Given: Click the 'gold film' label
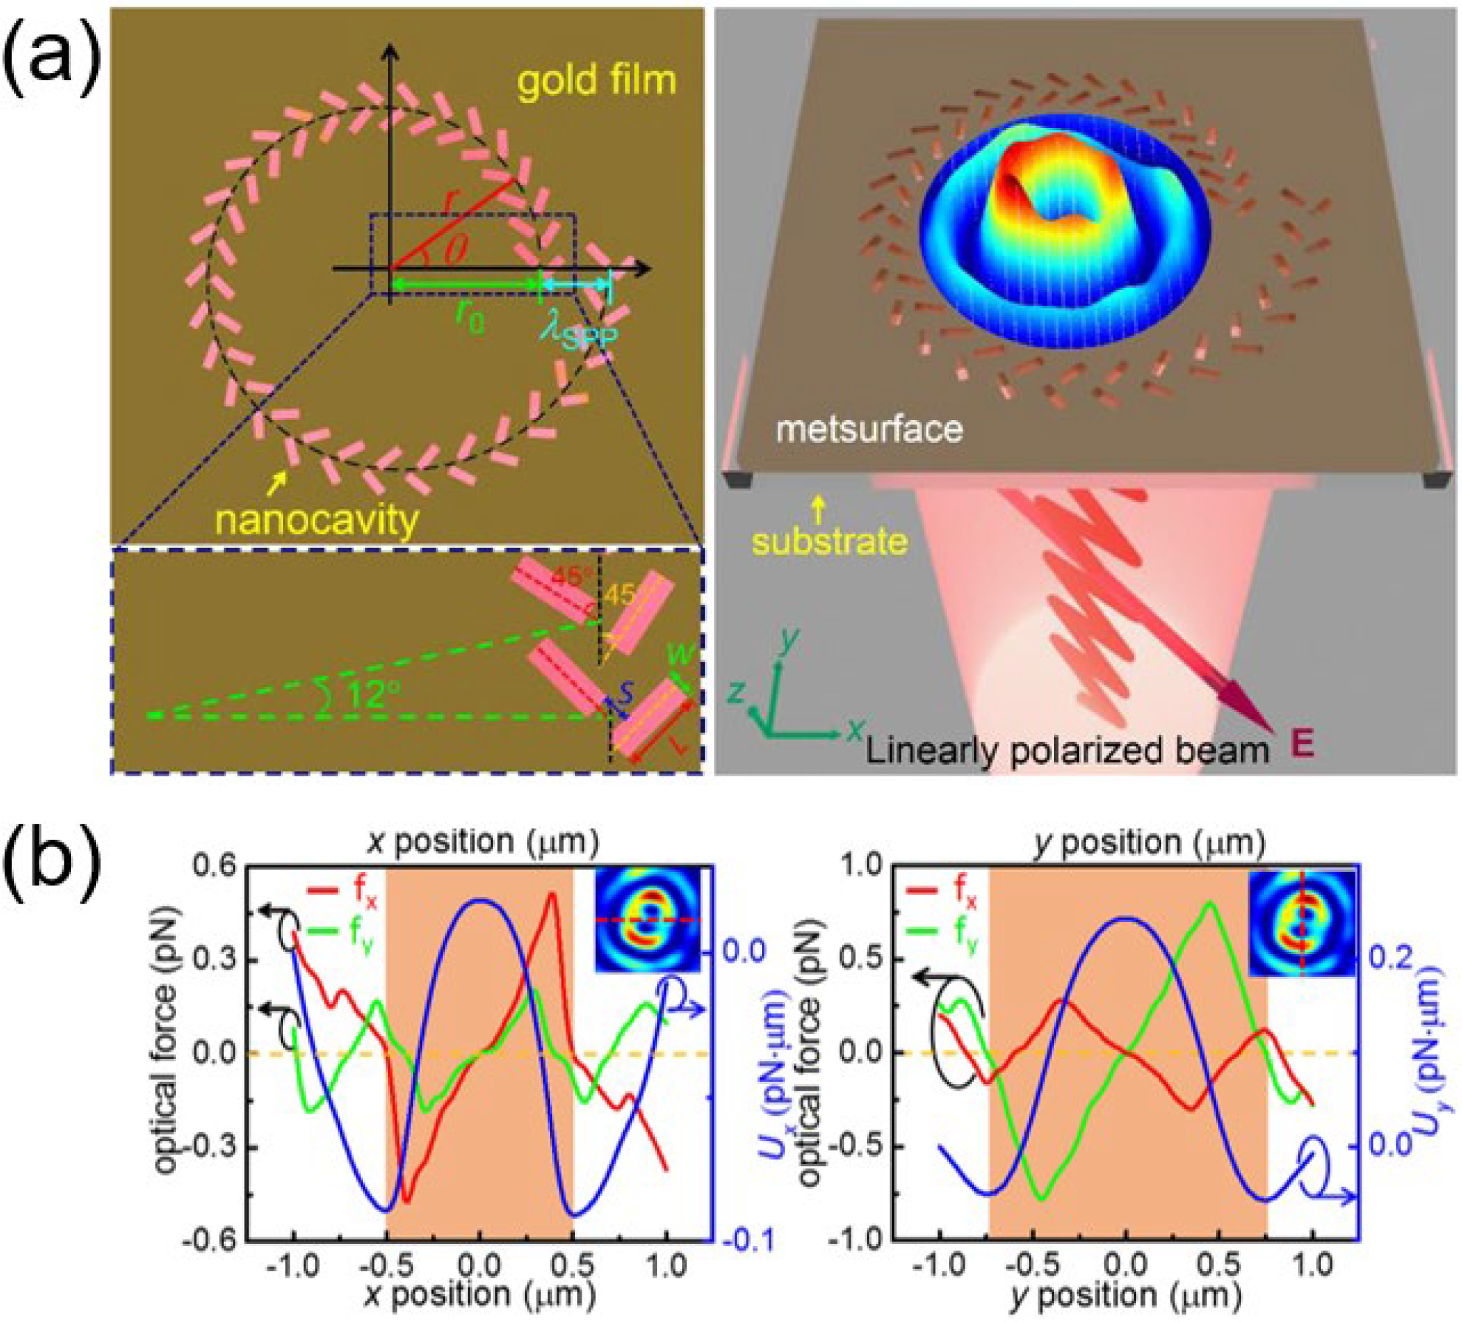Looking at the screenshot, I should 596,81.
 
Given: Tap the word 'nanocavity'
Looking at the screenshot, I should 316,521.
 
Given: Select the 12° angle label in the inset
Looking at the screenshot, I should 374,694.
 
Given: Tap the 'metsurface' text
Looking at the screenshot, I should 869,429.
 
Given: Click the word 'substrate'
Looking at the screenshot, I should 829,542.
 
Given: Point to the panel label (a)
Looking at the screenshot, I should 50,59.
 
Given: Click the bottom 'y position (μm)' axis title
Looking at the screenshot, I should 1125,1294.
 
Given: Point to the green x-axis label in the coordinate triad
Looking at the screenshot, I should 856,731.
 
